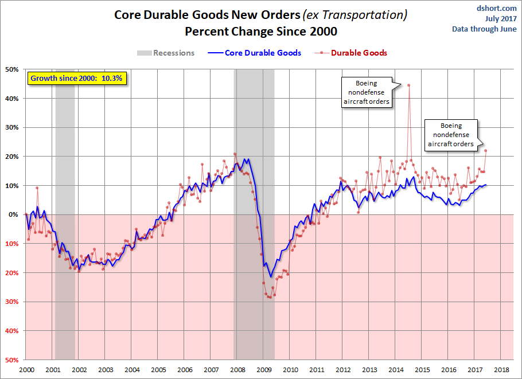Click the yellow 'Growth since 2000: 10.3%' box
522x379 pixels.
click(x=76, y=78)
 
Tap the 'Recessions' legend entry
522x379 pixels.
click(x=166, y=53)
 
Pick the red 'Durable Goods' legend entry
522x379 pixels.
click(x=351, y=53)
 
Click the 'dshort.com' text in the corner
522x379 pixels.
click(x=497, y=8)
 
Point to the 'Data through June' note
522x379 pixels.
click(x=484, y=29)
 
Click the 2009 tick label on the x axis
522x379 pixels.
click(x=263, y=370)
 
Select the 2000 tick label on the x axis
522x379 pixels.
click(x=26, y=370)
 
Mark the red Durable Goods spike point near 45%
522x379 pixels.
click(x=408, y=85)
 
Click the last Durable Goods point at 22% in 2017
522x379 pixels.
click(x=485, y=151)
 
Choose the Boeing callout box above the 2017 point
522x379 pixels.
click(x=451, y=135)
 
